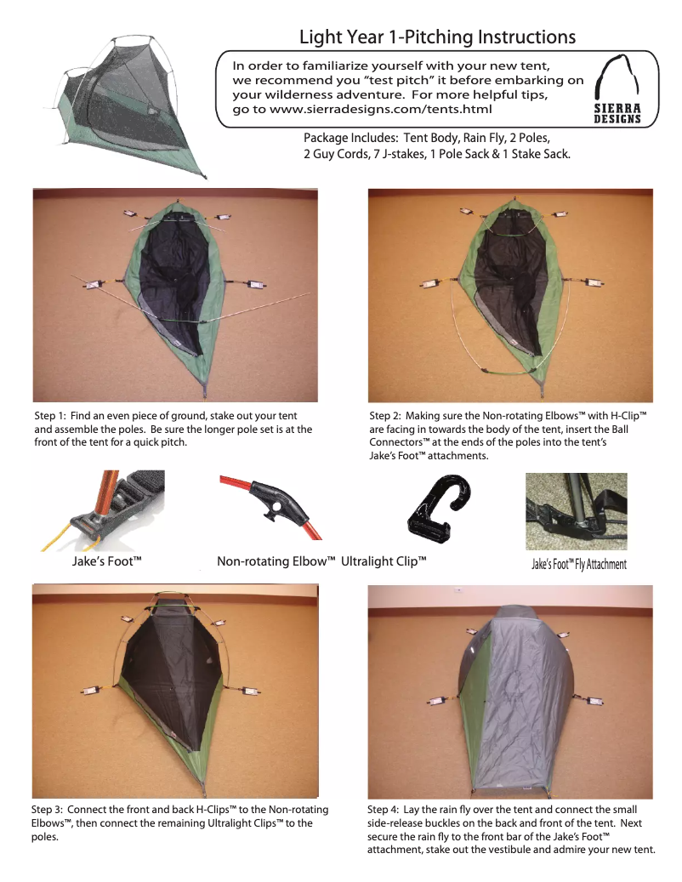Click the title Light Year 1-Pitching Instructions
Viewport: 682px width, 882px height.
(x=437, y=37)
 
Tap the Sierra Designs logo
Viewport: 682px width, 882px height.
(x=617, y=89)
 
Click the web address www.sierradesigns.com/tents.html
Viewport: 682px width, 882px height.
(x=381, y=109)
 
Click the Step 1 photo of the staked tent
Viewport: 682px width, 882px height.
(x=175, y=295)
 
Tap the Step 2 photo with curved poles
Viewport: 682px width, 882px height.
(x=510, y=295)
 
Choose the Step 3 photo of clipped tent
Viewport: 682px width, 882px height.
(x=175, y=691)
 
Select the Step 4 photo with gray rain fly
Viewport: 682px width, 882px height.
(x=510, y=691)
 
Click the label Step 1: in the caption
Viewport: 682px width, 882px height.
(x=50, y=416)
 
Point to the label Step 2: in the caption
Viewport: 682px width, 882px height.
(x=385, y=416)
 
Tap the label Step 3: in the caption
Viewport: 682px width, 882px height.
(x=48, y=810)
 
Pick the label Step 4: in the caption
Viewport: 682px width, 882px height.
(x=384, y=810)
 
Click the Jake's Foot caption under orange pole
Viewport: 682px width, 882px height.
(x=107, y=560)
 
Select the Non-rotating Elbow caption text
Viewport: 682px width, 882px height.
(x=276, y=561)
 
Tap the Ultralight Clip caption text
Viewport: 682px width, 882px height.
(x=384, y=561)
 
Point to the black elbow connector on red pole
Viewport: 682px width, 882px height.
(x=279, y=503)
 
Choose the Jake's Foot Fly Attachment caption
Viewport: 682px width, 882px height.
(x=579, y=564)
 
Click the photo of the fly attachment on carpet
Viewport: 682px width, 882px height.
(x=577, y=511)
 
